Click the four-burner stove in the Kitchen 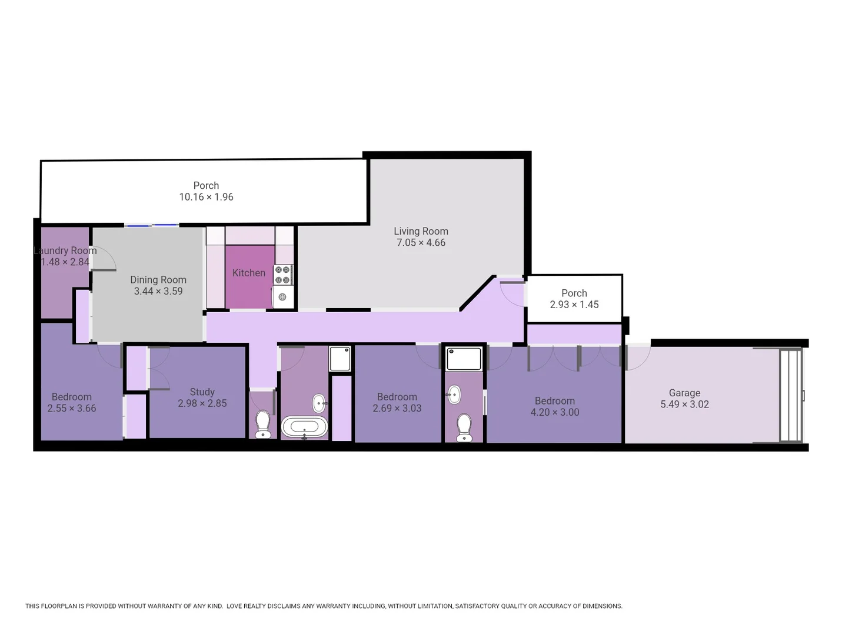coord(282,274)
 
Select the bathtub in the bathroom coord(304,426)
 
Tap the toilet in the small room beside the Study coord(263,423)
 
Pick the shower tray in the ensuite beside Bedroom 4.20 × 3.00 coord(464,359)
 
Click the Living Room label coord(421,231)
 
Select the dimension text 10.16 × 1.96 coord(206,197)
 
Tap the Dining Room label coord(158,280)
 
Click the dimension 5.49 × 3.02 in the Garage coord(684,405)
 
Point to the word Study coord(202,392)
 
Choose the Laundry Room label coord(65,250)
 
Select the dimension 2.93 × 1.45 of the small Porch coord(574,305)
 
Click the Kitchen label coord(248,273)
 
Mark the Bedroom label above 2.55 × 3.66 coord(71,397)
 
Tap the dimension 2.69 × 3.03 coord(397,408)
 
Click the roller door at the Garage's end coord(790,395)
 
